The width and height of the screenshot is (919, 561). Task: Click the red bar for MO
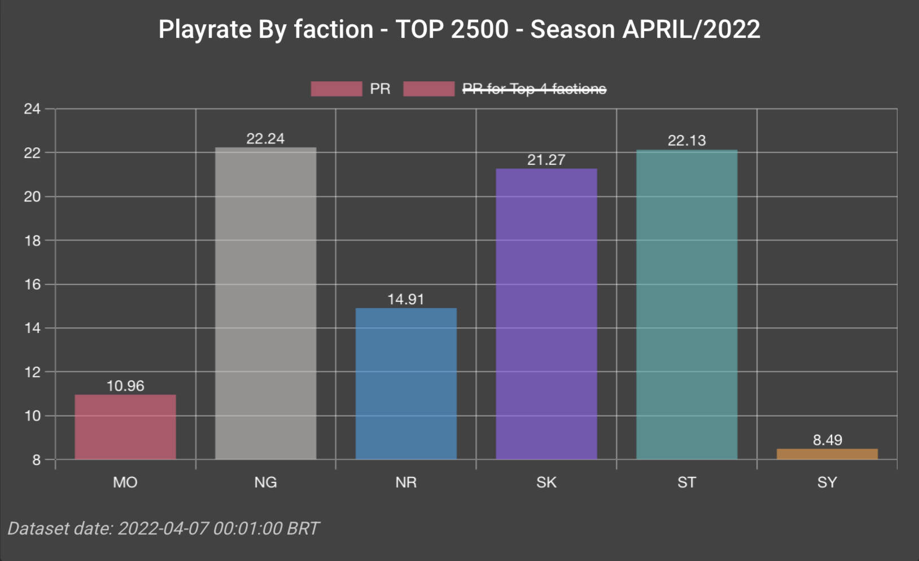coord(125,427)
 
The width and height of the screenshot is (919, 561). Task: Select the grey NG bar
coord(265,304)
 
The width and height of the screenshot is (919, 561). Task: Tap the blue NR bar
coord(406,384)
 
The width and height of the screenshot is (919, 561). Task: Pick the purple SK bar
coord(546,314)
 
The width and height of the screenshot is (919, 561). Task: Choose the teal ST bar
coord(686,305)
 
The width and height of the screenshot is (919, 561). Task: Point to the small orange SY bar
coord(827,454)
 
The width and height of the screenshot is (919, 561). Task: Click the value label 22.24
coord(265,139)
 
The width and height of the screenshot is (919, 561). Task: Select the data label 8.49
coord(827,440)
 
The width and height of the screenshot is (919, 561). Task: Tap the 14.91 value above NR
coord(406,299)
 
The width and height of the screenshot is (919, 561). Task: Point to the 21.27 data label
coord(546,160)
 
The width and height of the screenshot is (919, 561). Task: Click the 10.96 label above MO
coord(125,386)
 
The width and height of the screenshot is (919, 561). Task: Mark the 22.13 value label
coord(686,141)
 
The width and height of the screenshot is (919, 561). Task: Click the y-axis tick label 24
coord(32,109)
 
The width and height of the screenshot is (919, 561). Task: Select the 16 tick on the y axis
coord(32,284)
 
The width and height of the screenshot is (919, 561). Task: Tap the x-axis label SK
coord(546,483)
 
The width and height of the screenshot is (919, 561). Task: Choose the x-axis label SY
coord(827,483)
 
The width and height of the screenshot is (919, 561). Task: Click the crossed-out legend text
coord(534,89)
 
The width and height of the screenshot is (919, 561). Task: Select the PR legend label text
coord(380,89)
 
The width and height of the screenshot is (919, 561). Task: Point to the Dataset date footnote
coord(163,528)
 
